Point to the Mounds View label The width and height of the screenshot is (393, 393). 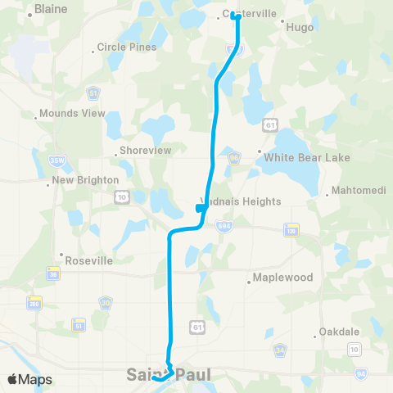(72, 113)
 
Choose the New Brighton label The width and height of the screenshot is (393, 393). (85, 180)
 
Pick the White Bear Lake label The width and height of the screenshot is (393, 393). (306, 157)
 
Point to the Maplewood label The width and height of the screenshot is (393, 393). (283, 278)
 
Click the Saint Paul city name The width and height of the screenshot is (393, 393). (169, 376)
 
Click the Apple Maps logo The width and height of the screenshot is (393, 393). (29, 379)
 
